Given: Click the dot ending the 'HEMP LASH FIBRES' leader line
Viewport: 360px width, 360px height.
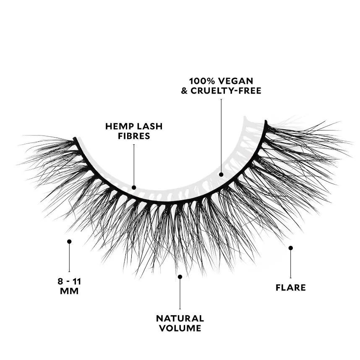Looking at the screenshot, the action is pyautogui.click(x=134, y=188).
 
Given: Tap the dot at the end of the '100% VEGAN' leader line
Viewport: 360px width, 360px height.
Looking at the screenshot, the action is pyautogui.click(x=221, y=175).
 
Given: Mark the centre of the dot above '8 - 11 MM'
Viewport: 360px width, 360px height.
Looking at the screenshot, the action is pyautogui.click(x=69, y=242).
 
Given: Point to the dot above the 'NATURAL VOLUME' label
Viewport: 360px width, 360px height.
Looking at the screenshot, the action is pyautogui.click(x=180, y=277).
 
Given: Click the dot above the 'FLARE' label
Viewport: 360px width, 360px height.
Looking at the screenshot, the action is pyautogui.click(x=291, y=248).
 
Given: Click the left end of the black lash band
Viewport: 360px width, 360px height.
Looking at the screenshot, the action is pyautogui.click(x=74, y=139).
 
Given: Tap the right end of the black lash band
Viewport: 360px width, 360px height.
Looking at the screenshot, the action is pyautogui.click(x=266, y=121).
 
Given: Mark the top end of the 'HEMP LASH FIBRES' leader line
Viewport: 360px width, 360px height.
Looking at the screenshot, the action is pyautogui.click(x=134, y=144).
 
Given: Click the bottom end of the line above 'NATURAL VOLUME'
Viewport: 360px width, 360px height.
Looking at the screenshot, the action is pyautogui.click(x=180, y=309).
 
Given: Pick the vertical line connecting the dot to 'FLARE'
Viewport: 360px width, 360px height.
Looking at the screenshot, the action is pyautogui.click(x=291, y=263).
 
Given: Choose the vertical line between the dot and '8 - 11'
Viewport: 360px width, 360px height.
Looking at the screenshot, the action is pyautogui.click(x=69, y=257).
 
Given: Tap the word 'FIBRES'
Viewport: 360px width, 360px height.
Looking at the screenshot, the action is pyautogui.click(x=134, y=136).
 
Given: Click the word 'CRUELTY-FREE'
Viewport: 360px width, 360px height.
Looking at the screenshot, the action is pyautogui.click(x=226, y=91).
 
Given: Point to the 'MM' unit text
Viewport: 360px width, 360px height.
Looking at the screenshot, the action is pyautogui.click(x=69, y=291).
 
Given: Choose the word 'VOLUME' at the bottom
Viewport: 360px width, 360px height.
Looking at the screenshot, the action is pyautogui.click(x=180, y=328).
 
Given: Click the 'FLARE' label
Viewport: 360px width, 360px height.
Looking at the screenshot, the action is pyautogui.click(x=291, y=288).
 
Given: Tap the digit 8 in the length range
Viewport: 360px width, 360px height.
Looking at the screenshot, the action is pyautogui.click(x=60, y=282).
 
